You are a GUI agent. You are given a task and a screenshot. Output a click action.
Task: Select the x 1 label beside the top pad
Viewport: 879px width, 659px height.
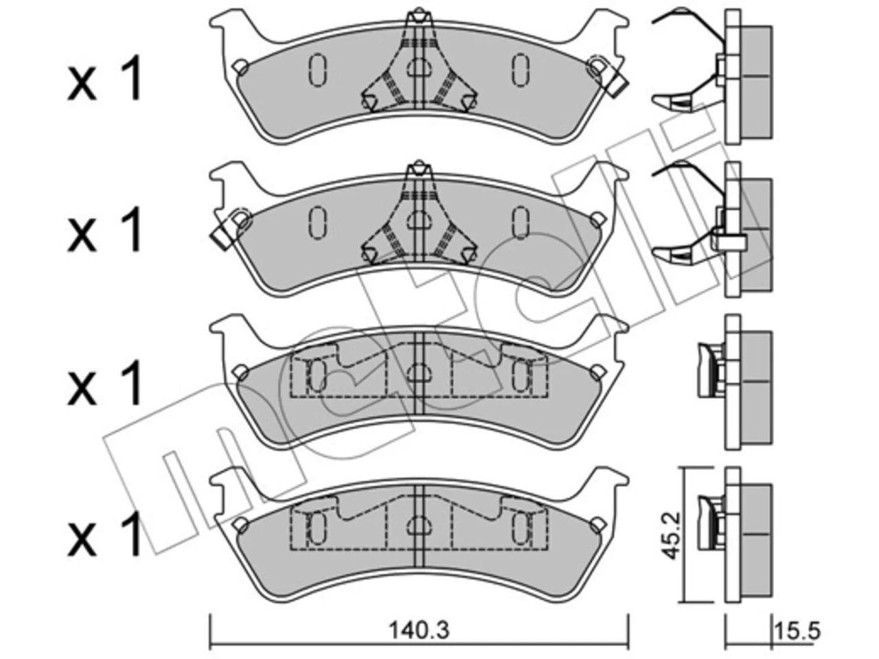[x=105, y=78]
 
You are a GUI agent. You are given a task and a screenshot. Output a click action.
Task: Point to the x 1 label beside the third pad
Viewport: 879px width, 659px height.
[x=105, y=382]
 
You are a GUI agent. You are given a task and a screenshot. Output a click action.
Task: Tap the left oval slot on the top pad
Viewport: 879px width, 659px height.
[x=318, y=69]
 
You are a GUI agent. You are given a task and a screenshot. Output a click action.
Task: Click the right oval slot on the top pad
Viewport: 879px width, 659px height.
[x=521, y=69]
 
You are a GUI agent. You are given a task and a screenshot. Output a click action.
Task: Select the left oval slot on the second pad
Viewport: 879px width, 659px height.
[x=318, y=222]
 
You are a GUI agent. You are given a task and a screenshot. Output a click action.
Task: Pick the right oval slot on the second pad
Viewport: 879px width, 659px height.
[x=521, y=222]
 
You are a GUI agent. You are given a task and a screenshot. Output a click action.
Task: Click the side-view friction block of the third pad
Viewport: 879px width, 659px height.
[x=756, y=388]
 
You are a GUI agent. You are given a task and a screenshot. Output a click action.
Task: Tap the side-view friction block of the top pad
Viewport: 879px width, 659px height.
[x=756, y=82]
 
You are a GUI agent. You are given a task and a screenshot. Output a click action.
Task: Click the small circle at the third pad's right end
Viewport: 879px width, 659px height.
[x=597, y=372]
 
